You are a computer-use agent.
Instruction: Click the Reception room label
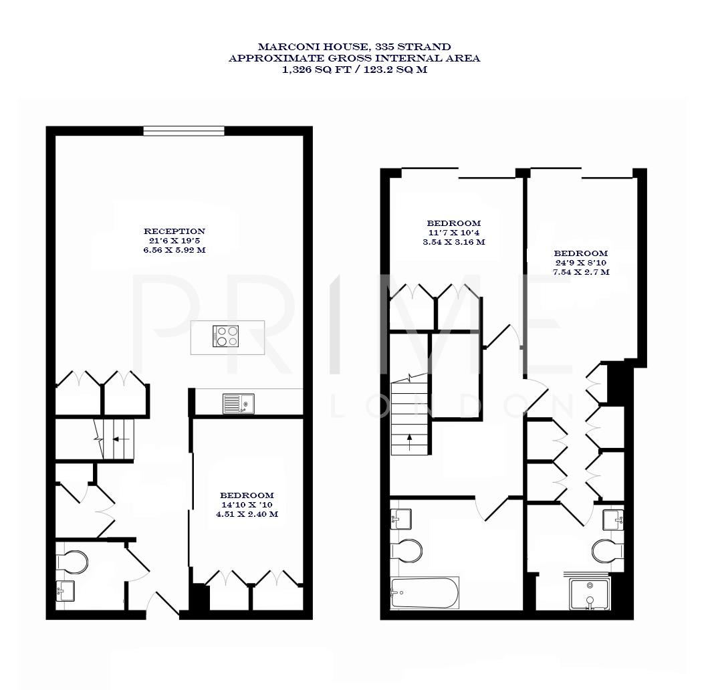(x=174, y=231)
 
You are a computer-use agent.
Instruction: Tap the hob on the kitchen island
(x=226, y=336)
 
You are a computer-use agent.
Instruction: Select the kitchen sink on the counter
(x=237, y=404)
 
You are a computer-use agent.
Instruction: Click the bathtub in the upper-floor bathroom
(x=425, y=593)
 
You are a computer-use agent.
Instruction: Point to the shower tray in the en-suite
(x=590, y=594)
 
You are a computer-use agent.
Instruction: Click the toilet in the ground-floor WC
(x=72, y=562)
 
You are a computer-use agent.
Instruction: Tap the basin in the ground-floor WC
(x=66, y=590)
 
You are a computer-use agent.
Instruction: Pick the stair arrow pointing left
(x=120, y=439)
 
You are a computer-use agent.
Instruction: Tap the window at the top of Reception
(x=184, y=131)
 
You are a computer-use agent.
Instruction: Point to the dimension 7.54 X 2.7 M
(x=580, y=273)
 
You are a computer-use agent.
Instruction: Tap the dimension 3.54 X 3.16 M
(x=453, y=242)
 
